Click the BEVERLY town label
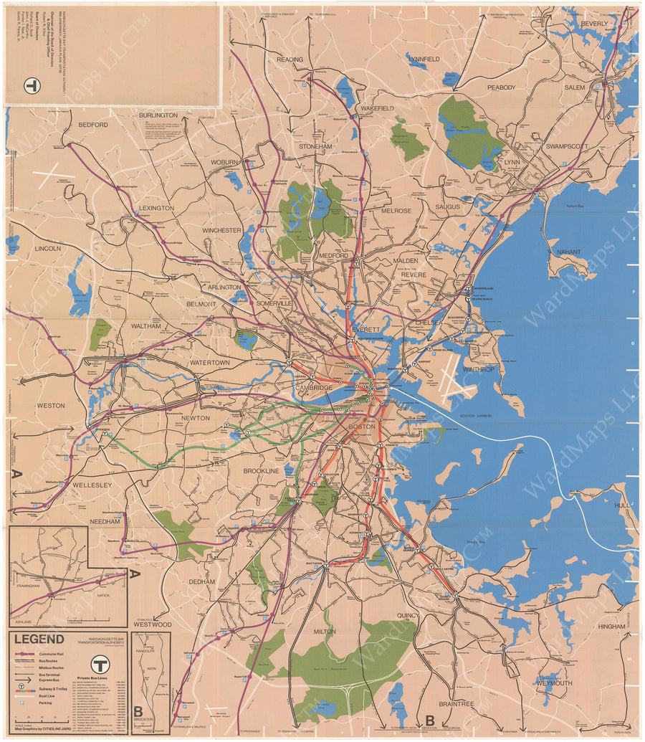coord(594,24)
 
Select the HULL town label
coord(621,505)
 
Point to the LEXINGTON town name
coord(156,209)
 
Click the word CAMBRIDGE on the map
coord(314,388)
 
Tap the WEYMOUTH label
coord(555,684)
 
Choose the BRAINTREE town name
coord(457,704)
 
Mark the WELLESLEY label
coord(92,485)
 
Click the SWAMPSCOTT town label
coord(566,146)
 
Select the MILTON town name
coord(325,632)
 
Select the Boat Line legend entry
coord(47,696)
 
